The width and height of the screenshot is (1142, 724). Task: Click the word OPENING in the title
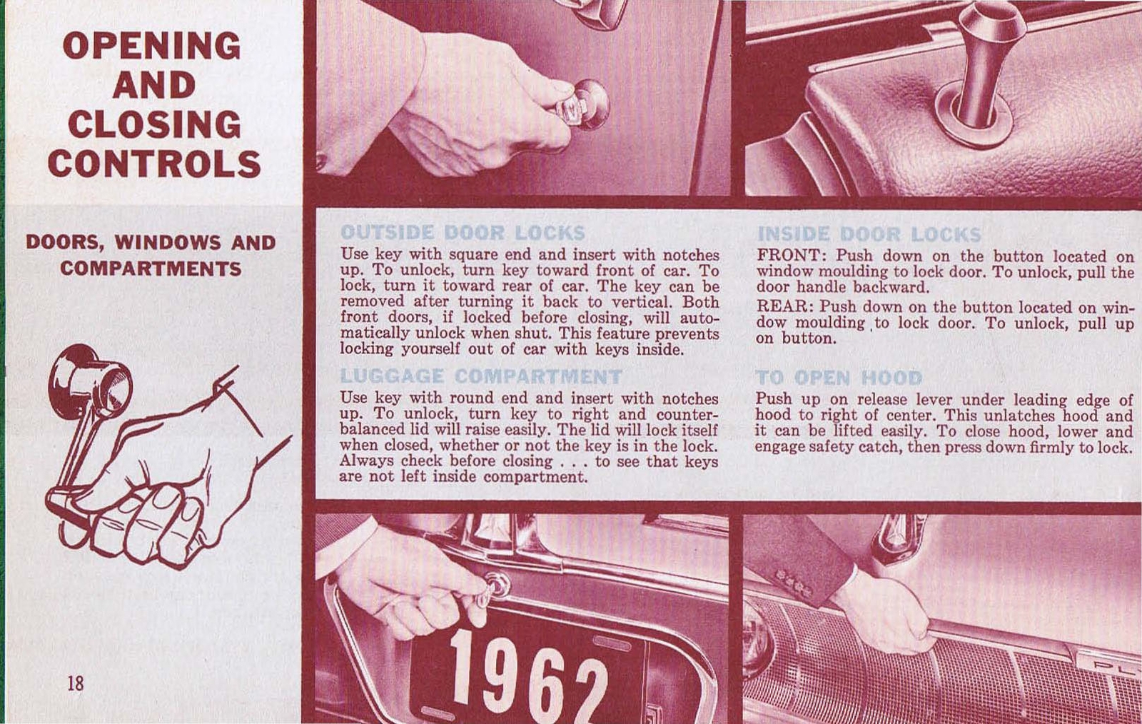click(x=152, y=46)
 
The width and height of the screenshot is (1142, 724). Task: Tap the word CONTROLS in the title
click(x=154, y=164)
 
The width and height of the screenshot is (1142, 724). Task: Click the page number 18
click(x=75, y=683)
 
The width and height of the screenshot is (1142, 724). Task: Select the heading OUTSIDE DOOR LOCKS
click(x=463, y=233)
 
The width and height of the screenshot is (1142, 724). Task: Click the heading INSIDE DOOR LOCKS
click(x=869, y=234)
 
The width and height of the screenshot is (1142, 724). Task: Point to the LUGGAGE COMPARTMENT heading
click(x=480, y=376)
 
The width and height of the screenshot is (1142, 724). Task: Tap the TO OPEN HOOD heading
click(x=839, y=377)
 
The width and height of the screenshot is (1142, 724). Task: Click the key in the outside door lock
click(x=575, y=111)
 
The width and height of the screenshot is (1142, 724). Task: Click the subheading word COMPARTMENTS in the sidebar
click(x=151, y=269)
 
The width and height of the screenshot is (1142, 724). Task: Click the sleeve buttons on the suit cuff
click(x=792, y=582)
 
